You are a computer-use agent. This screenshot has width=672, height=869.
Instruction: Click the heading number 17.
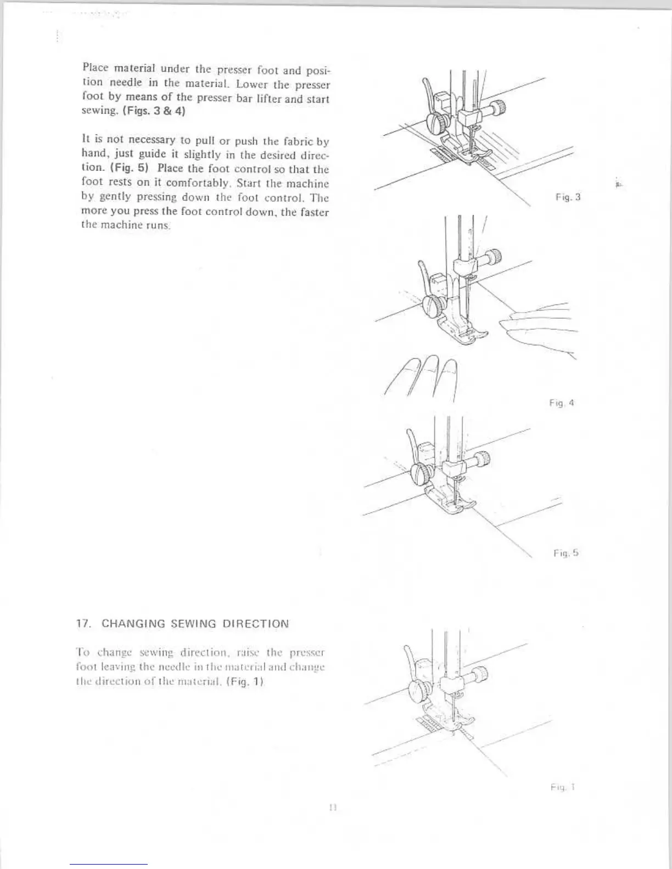(x=82, y=624)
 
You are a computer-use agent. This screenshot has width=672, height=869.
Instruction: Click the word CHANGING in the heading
(x=133, y=624)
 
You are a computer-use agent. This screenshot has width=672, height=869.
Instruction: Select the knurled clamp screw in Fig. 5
(x=483, y=458)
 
